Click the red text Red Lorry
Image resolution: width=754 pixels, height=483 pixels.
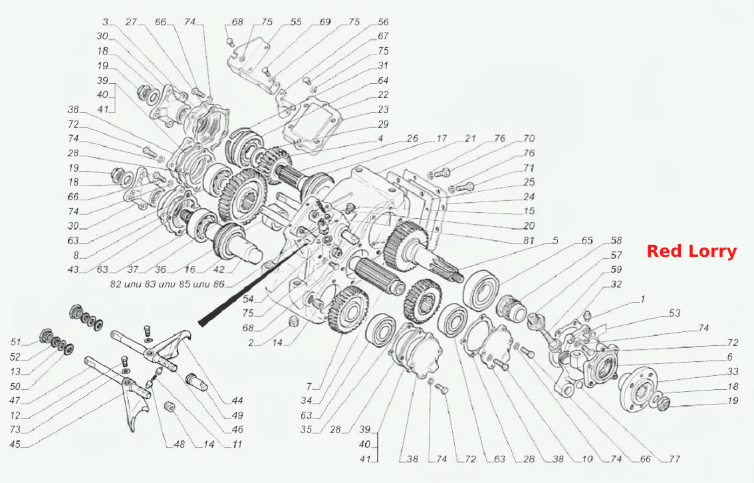[691, 251]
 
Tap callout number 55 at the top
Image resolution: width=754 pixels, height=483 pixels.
[296, 22]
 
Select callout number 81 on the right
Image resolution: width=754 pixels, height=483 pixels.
[529, 240]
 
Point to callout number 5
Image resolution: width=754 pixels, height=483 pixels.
[556, 240]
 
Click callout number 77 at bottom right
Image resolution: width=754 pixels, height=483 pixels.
[675, 459]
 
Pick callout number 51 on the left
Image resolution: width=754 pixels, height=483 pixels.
[16, 342]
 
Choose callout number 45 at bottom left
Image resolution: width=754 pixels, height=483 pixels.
[15, 444]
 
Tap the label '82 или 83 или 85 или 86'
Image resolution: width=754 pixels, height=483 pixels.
[168, 284]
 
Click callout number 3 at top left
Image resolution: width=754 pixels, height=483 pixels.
[105, 22]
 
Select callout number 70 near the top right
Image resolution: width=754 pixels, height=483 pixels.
[529, 138]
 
